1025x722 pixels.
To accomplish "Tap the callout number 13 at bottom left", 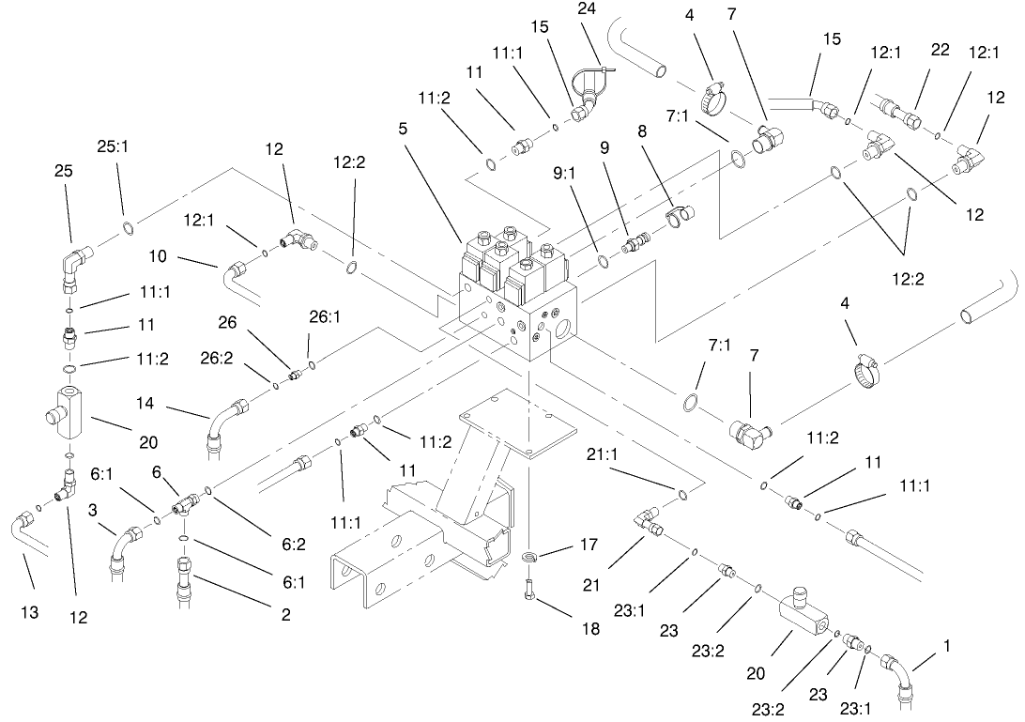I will (29, 613).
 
